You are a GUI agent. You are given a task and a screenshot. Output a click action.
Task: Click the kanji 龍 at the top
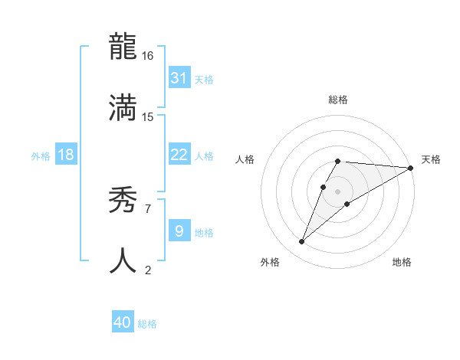click(x=123, y=47)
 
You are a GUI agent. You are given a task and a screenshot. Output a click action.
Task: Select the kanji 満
click(x=123, y=107)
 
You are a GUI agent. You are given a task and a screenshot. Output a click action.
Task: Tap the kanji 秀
click(x=123, y=201)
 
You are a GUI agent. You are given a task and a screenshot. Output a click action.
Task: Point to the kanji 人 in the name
click(x=123, y=260)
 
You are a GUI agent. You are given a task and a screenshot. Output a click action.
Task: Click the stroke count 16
click(x=148, y=56)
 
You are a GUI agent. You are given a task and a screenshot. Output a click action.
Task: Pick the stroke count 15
click(x=148, y=116)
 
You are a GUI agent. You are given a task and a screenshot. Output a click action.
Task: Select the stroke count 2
click(x=148, y=269)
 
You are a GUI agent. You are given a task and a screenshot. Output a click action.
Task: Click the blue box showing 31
click(x=179, y=78)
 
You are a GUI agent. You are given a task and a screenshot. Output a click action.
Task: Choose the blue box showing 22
click(x=179, y=155)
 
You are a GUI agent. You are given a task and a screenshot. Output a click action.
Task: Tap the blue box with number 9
click(x=179, y=231)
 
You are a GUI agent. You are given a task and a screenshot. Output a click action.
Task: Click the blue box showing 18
click(x=66, y=155)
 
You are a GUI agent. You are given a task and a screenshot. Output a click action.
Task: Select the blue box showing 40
click(x=123, y=322)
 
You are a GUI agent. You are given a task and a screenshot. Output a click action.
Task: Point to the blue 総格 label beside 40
click(x=147, y=324)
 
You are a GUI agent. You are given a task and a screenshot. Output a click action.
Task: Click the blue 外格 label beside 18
click(x=41, y=156)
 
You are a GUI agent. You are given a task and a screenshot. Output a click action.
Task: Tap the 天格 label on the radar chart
click(x=431, y=159)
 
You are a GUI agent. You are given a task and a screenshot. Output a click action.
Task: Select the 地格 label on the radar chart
click(x=402, y=262)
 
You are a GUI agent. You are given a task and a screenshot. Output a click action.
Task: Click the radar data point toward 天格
click(x=410, y=168)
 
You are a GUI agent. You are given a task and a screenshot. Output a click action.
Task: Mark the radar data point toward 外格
click(x=302, y=241)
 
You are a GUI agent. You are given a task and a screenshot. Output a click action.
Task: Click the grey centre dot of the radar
click(x=337, y=191)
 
